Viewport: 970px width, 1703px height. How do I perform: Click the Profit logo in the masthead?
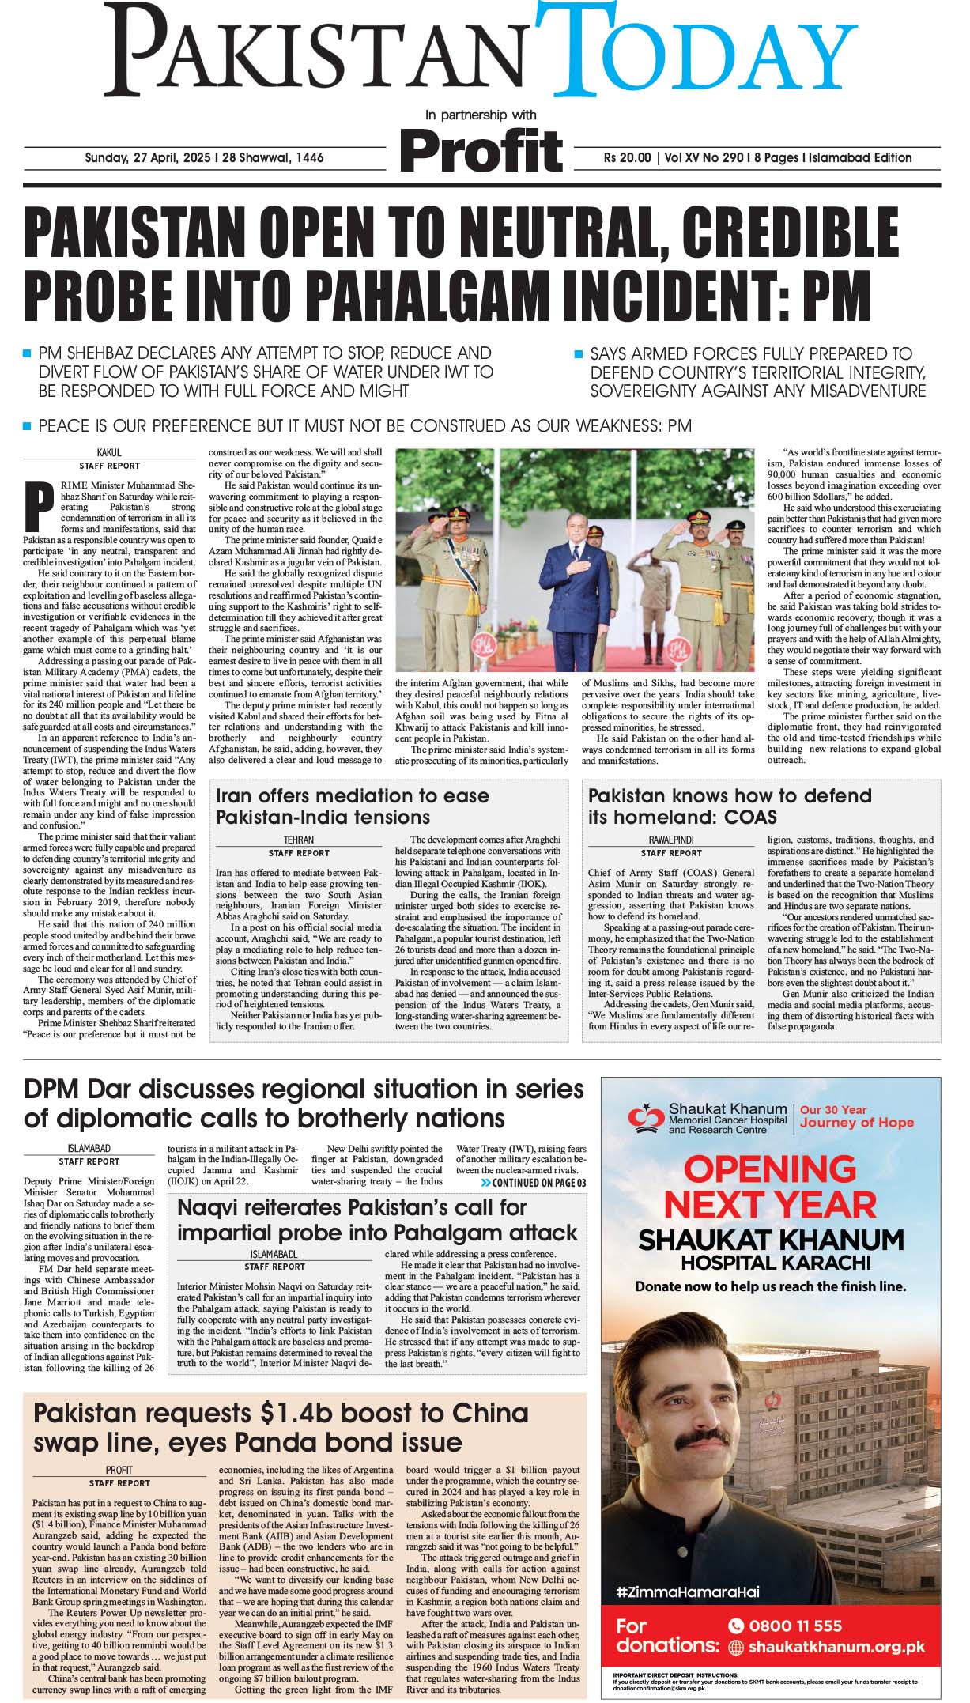[x=481, y=149]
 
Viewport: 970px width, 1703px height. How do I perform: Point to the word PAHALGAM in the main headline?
[x=486, y=294]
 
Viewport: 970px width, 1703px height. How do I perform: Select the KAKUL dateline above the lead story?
[x=109, y=452]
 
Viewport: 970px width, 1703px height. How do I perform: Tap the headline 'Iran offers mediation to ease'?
[x=353, y=795]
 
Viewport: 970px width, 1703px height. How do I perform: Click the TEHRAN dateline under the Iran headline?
[x=299, y=840]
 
